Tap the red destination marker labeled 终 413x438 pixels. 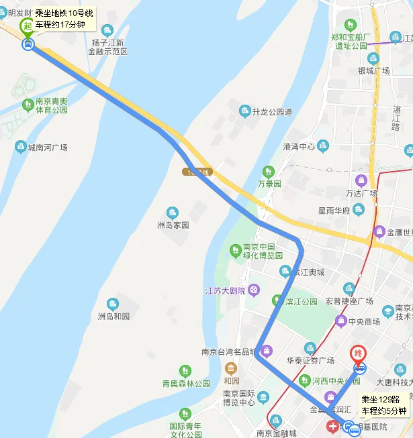[359, 353]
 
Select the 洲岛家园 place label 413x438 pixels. [173, 225]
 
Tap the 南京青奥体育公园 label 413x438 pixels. [52, 105]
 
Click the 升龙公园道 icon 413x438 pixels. [244, 111]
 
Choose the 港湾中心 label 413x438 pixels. [299, 146]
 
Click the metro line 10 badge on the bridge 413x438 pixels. [196, 172]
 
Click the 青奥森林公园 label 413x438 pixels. [186, 384]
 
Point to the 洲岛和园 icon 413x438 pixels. [112, 303]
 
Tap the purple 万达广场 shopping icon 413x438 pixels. [361, 180]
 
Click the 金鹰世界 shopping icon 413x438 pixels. [379, 232]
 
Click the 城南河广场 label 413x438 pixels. [47, 147]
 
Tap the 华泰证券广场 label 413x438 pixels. [310, 360]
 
